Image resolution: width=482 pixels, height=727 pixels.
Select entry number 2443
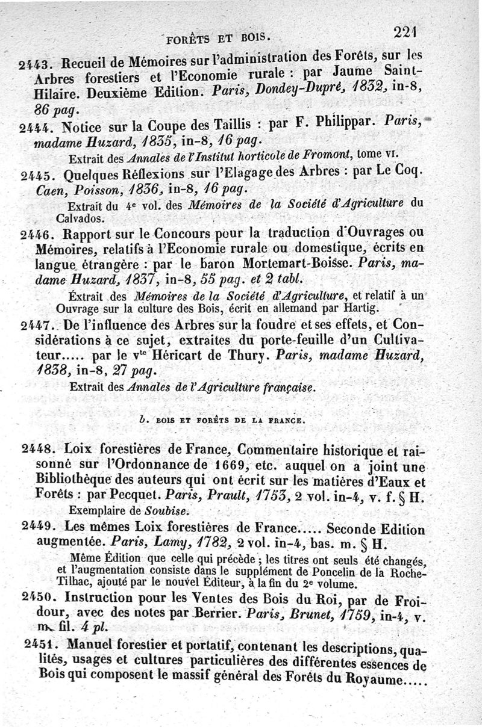coord(37,63)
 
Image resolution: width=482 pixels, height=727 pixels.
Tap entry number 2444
coord(37,128)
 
